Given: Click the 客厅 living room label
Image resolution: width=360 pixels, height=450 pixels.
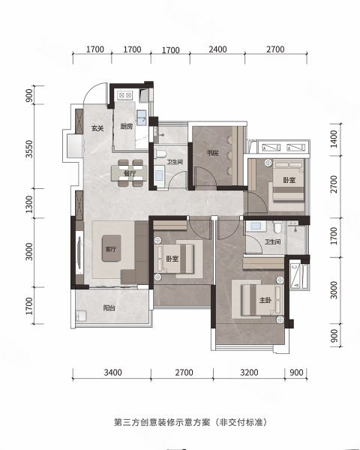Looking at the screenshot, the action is (x=111, y=249).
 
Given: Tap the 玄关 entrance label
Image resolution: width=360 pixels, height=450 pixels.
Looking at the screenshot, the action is (x=97, y=128).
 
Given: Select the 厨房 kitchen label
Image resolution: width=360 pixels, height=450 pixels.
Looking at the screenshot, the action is (x=127, y=127).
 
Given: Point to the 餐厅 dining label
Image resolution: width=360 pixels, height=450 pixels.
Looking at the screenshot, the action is (x=130, y=173).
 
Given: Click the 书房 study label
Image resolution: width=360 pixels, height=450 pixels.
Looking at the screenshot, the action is (x=212, y=153).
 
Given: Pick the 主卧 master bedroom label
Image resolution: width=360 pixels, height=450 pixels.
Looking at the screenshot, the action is (x=265, y=300).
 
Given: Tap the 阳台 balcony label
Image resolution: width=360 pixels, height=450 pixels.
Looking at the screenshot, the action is (x=109, y=308).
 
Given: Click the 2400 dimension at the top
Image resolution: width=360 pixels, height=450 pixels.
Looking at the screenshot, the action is (x=217, y=49).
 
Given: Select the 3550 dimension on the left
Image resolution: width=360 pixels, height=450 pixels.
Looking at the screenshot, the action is (x=29, y=149).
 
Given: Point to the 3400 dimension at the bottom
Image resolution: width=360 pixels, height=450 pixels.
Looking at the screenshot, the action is (x=112, y=373).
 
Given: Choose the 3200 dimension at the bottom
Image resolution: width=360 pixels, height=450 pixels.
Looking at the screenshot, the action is (x=249, y=373).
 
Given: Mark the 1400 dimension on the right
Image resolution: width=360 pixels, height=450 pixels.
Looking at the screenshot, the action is (x=334, y=139).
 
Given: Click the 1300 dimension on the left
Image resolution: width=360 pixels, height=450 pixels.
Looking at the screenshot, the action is (x=29, y=204).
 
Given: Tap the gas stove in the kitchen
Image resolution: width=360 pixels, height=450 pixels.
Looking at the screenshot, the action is (x=125, y=95).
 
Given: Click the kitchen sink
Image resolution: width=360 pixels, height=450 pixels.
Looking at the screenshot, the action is (x=142, y=118).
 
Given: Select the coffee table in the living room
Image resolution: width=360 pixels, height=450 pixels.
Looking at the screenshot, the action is (x=112, y=248).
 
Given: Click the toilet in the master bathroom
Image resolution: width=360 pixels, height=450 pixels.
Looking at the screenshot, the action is (x=277, y=226).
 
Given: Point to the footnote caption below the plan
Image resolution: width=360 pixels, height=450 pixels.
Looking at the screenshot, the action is (x=191, y=422).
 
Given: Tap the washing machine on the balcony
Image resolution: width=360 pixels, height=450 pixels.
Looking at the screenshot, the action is (x=81, y=316).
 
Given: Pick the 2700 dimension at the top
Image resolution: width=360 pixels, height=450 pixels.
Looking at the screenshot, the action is (x=275, y=49).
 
